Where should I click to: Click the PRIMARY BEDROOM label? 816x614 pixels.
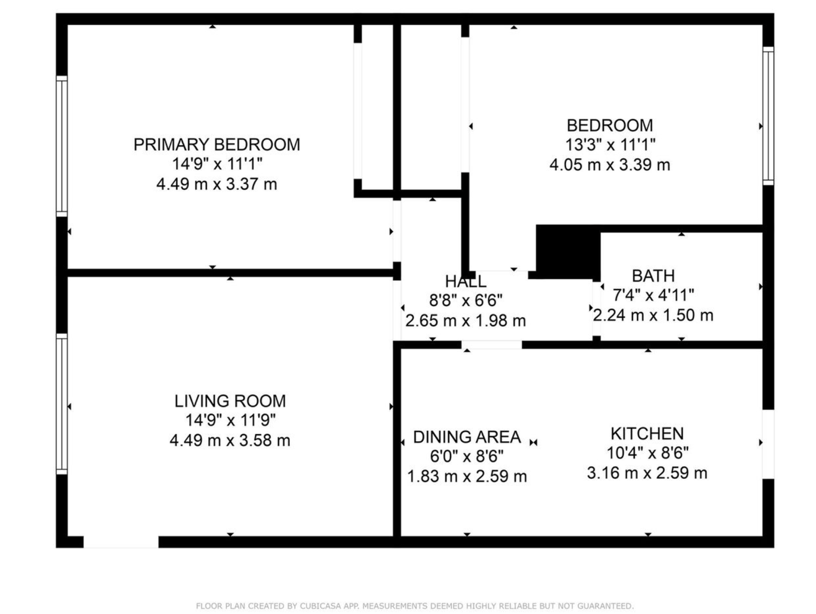217,144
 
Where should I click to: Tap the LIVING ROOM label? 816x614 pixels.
230,401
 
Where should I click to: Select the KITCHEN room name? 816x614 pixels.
647,434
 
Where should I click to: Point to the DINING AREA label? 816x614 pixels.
467,437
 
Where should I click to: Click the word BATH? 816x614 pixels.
653,276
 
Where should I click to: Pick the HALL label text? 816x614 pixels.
466,281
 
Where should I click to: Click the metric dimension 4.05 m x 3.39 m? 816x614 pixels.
610,165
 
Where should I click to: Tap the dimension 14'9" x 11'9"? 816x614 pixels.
231,421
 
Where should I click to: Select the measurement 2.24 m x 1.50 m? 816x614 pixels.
653,316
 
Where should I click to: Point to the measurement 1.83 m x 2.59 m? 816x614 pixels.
467,476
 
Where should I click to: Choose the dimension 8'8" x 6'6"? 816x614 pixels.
466,300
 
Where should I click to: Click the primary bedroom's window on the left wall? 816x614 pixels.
62,146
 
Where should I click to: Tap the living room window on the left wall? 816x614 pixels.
62,404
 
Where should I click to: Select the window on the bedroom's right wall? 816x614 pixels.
768,115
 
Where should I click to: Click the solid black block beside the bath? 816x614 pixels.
568,252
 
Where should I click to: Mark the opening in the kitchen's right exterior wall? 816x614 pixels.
768,445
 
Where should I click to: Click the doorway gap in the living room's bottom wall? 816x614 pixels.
121,542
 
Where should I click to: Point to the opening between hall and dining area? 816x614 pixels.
492,345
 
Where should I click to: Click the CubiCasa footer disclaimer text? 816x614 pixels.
415,606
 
